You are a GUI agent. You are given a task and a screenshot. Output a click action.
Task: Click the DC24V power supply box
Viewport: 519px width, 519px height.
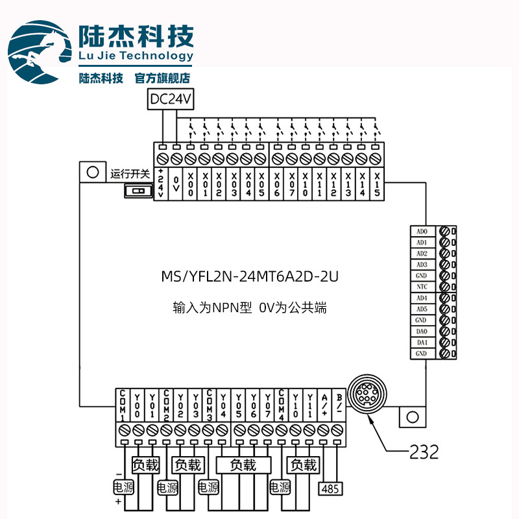171,100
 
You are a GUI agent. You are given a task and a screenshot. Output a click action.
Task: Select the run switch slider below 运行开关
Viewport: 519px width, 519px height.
136,191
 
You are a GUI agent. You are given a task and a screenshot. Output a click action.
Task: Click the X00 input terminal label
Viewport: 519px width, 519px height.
190,186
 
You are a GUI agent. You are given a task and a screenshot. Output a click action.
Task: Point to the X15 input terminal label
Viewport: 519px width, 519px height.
375,186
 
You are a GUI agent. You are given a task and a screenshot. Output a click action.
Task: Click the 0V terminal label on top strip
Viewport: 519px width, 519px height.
175,186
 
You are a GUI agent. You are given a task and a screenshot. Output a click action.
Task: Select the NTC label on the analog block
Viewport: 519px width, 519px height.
422,287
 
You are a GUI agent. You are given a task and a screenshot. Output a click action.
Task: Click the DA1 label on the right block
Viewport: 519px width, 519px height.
422,343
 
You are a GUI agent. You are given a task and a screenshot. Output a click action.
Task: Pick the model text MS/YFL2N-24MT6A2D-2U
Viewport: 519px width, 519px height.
250,277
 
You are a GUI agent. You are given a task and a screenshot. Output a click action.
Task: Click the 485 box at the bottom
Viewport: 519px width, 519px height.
330,488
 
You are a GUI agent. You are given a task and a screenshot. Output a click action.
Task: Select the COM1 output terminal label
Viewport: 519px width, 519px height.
123,405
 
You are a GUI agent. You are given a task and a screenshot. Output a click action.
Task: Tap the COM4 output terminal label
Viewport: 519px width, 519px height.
282,405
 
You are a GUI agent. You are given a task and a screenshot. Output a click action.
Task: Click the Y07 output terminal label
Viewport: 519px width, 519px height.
267,405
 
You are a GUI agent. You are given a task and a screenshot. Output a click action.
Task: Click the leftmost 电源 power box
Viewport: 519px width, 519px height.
122,488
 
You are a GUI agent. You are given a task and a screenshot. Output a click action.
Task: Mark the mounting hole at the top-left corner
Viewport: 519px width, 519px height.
91,173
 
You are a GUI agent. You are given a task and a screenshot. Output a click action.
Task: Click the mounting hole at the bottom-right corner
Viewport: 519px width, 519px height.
411,416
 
